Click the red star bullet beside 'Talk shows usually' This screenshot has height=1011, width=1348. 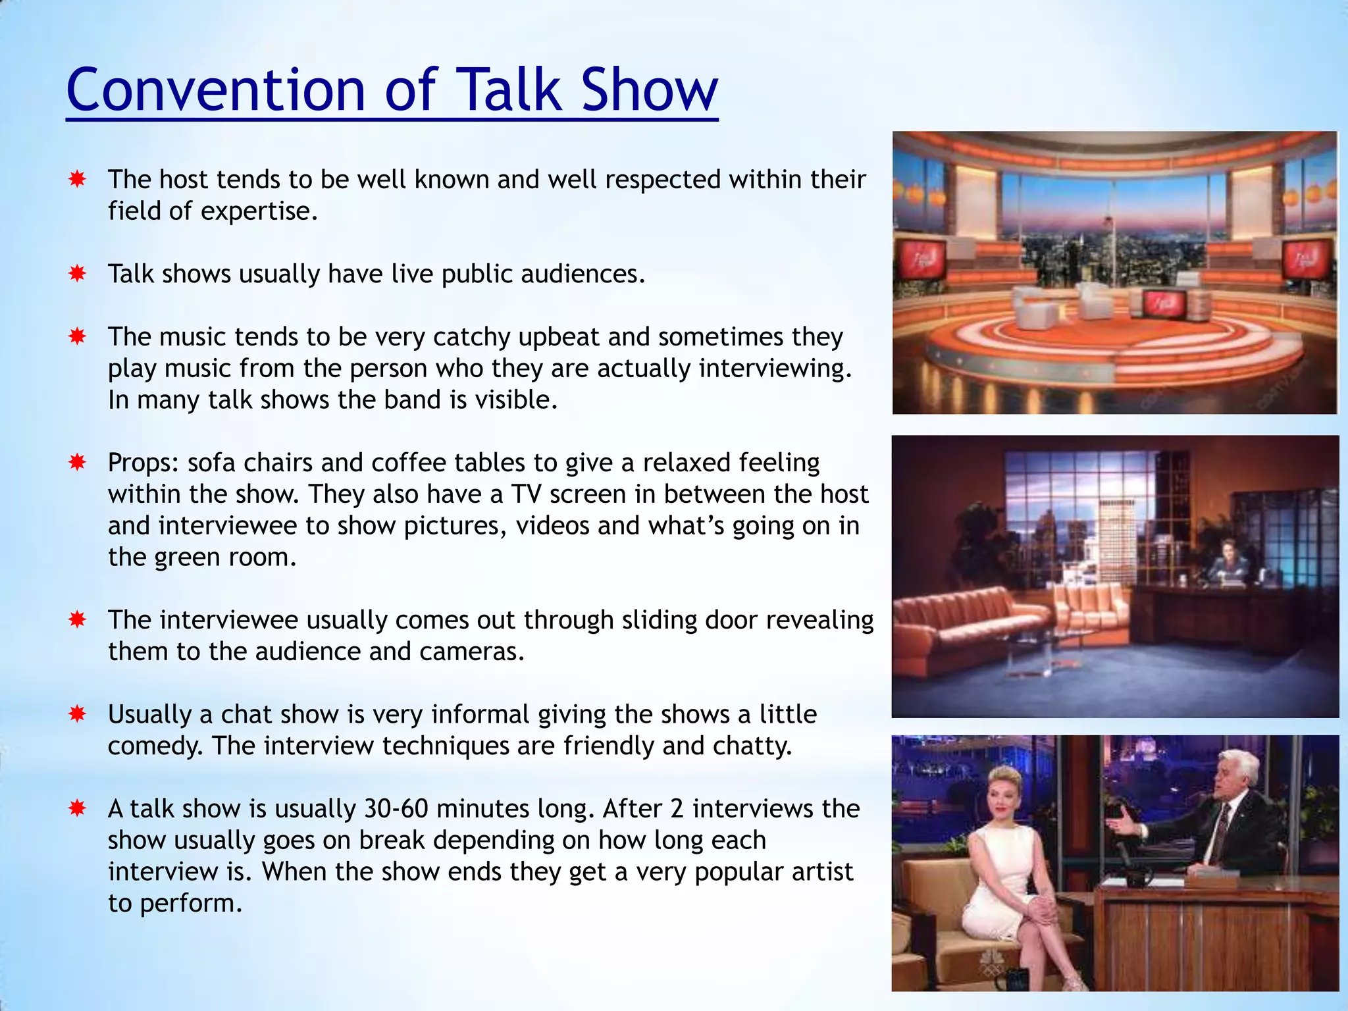(78, 273)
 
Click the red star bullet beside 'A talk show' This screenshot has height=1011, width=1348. (78, 808)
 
